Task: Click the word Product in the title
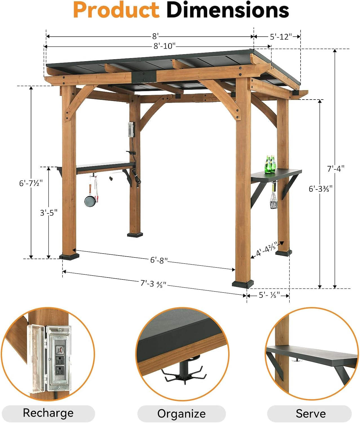coord(116,10)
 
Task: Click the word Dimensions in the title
coord(228,10)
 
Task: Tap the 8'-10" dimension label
coord(165,46)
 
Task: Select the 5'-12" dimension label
coord(281,37)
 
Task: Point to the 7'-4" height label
coord(335,169)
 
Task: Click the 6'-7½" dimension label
coord(31,183)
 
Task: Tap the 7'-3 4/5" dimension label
coord(153,283)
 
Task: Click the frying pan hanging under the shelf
coord(90,201)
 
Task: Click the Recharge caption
coord(48,413)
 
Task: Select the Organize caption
coord(181,414)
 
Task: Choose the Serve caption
coord(310,414)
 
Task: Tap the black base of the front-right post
coord(243,283)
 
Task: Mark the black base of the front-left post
coord(69,256)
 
